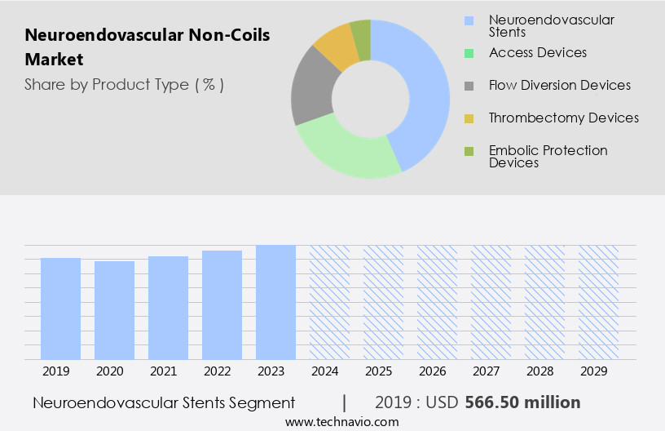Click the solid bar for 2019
point(60,309)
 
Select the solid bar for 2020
point(114,310)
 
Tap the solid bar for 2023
point(275,302)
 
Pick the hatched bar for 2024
point(329,302)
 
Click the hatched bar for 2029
point(598,302)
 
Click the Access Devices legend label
point(537,52)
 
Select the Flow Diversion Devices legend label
point(559,85)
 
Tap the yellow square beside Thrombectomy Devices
point(469,119)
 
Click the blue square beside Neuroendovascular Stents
point(469,20)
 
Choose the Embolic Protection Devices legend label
point(548,156)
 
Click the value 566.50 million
point(522,402)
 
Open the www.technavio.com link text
point(341,421)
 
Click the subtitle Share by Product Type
point(124,84)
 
